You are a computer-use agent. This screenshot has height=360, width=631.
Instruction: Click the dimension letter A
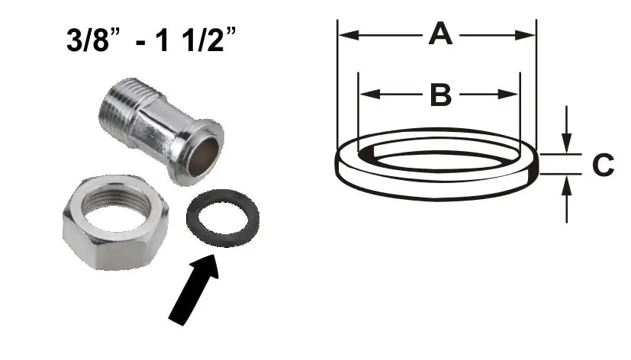coord(439,34)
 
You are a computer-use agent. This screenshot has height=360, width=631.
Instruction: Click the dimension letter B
coord(441,95)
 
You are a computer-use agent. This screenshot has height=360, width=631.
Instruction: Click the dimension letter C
coord(603,164)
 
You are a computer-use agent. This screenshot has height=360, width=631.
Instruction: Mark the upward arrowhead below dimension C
coord(565,183)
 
